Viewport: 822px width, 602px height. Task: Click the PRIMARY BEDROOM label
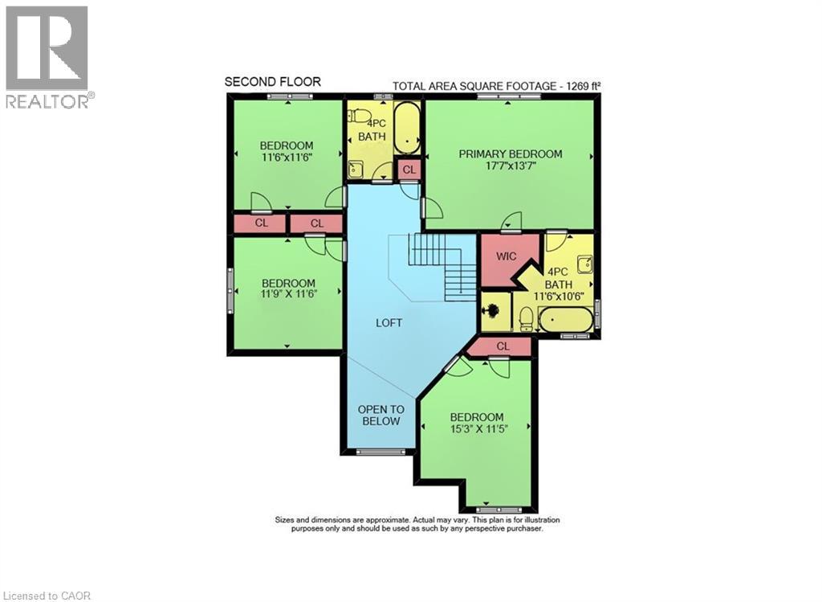coord(510,154)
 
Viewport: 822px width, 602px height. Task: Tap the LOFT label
coord(389,322)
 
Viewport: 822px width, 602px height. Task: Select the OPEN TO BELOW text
coord(380,415)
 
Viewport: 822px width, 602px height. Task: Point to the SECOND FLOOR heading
coord(272,81)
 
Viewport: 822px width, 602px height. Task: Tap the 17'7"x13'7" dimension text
coord(510,166)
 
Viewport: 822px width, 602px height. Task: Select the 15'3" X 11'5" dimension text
coord(477,428)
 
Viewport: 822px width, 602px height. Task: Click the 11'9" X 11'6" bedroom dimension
coord(288,295)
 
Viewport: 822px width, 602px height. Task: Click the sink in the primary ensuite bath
coord(584,264)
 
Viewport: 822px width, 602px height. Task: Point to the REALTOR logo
coord(48,57)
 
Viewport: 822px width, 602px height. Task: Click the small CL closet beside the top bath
coord(409,170)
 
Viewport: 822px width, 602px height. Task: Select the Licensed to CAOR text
coord(47,596)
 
